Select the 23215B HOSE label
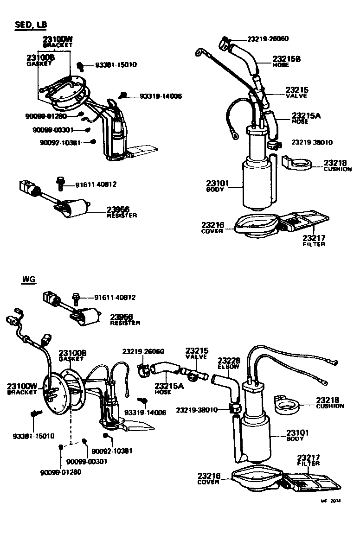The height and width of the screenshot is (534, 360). point(286,62)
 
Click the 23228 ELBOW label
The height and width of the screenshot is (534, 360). point(229,363)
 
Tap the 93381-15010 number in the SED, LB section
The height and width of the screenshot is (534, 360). point(116,65)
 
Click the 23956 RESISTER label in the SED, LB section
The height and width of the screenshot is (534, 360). point(122,212)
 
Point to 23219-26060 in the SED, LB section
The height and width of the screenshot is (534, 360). point(268,38)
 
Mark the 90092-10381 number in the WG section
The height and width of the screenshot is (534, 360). point(112,451)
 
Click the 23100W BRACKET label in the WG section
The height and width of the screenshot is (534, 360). point(22,388)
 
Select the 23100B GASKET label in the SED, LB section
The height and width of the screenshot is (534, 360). point(40,60)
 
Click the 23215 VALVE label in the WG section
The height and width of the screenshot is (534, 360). point(197,354)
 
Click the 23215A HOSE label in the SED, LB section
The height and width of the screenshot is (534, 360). point(306,118)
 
